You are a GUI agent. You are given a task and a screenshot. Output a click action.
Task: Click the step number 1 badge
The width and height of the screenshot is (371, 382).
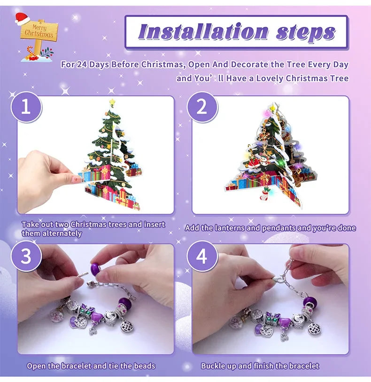(x=26, y=107)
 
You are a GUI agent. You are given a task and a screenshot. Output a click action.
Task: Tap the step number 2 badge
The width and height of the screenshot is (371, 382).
(x=202, y=107)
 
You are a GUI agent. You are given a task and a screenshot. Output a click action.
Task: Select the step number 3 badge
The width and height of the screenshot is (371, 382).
(x=26, y=257)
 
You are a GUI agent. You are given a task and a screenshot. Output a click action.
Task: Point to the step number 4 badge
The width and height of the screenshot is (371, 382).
(x=202, y=257)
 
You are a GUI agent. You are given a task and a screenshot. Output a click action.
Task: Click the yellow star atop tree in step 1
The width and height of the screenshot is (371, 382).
(x=112, y=102)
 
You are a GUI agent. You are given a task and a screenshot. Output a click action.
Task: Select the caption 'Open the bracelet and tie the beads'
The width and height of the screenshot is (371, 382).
(x=91, y=366)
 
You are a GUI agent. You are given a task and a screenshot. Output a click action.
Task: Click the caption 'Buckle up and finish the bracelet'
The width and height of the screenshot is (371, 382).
(x=260, y=366)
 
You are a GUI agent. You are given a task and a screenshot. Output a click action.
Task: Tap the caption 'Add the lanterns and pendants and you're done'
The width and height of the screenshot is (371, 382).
(x=270, y=228)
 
